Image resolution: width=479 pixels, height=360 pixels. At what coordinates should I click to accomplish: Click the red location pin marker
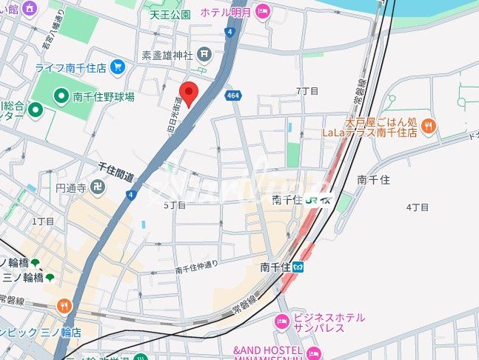(x=189, y=94)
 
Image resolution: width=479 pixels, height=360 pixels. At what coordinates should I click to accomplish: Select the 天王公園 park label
(x=170, y=14)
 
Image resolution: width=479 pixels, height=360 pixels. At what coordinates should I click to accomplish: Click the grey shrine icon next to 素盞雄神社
(x=205, y=54)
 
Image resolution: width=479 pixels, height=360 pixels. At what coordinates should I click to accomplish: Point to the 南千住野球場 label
(x=104, y=97)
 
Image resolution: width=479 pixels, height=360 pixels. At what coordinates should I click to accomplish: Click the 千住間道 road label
(x=115, y=173)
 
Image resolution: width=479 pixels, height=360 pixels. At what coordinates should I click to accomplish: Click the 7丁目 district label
(x=307, y=90)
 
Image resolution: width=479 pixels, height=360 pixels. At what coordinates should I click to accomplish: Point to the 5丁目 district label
(x=174, y=204)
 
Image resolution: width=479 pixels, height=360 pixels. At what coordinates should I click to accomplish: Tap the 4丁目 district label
(x=418, y=207)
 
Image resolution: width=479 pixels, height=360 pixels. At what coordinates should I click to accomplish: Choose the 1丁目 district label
(x=43, y=221)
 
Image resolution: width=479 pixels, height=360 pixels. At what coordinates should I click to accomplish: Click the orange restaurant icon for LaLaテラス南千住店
(x=428, y=127)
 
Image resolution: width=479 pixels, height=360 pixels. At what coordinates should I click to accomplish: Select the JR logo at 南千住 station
(x=312, y=199)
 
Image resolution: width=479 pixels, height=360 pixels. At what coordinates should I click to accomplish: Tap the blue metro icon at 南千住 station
(x=298, y=267)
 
